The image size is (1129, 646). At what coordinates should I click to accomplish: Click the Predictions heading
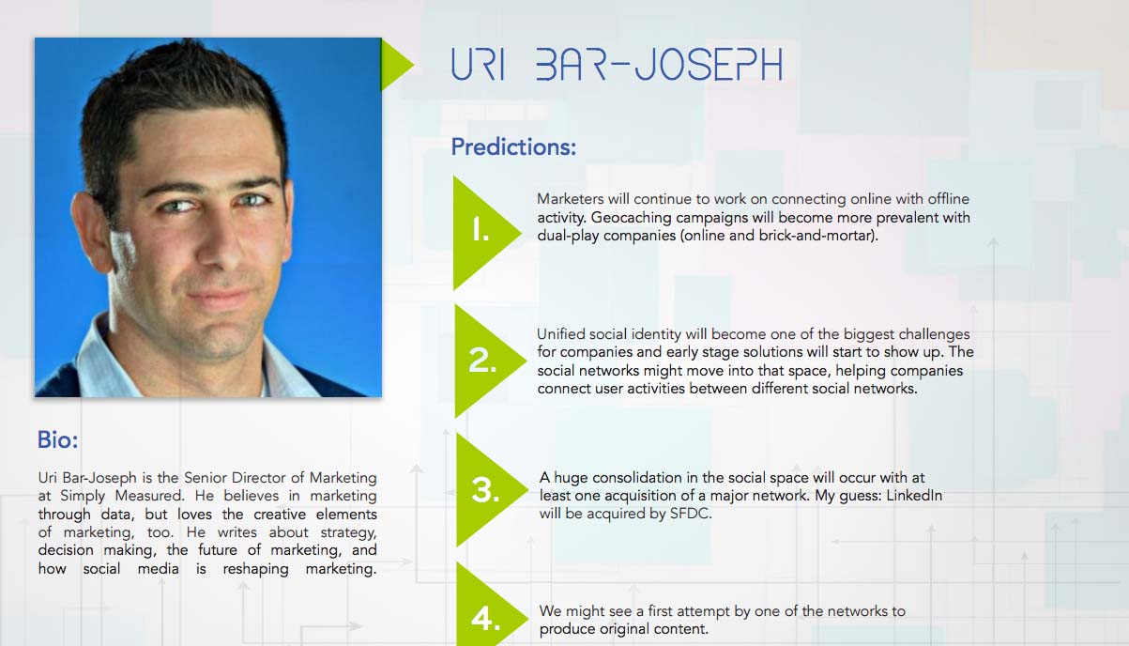click(513, 147)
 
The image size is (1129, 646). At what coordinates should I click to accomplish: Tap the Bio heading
click(57, 439)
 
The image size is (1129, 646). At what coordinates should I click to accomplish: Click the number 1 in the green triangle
click(481, 230)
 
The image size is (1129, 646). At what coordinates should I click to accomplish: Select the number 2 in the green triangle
click(481, 361)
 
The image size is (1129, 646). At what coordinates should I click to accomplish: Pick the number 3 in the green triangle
click(485, 490)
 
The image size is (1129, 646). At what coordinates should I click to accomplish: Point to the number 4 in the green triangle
click(485, 619)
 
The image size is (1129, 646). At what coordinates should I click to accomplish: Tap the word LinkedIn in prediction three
click(914, 495)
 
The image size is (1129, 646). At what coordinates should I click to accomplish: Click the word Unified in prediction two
click(560, 334)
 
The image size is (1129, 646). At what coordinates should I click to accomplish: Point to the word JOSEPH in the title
click(709, 65)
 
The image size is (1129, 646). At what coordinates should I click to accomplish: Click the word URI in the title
click(478, 65)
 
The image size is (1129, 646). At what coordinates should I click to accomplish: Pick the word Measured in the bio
click(148, 496)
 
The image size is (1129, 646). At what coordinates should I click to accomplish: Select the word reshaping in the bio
click(255, 569)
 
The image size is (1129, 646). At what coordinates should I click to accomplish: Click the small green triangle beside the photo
click(396, 65)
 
